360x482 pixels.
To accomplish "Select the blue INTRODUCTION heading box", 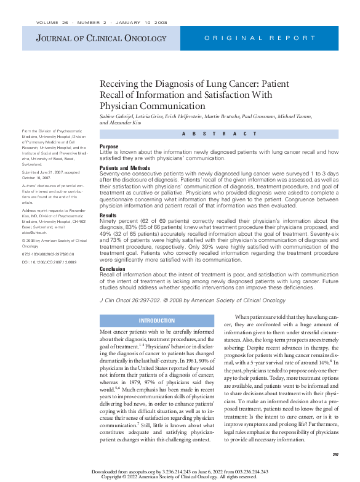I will coord(157,321).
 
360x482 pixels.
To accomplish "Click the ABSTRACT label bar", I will coord(220,134).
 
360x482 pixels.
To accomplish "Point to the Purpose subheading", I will coord(109,147).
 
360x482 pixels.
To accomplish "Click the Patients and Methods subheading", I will coord(125,168).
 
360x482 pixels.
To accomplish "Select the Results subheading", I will coord(108,216).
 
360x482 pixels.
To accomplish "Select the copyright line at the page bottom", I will coord(179,476).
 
